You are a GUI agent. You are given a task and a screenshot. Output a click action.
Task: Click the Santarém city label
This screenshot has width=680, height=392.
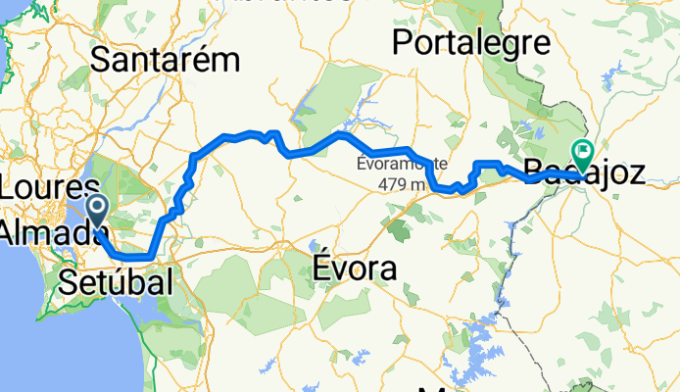point(165,60)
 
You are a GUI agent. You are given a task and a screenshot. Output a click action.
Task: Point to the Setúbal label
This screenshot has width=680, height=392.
point(116,283)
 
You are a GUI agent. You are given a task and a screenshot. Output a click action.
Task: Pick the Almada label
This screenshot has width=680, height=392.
point(49,233)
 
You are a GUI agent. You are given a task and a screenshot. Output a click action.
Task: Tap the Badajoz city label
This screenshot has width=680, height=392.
point(585,175)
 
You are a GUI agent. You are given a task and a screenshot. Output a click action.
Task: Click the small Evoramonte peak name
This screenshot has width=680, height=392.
point(402,163)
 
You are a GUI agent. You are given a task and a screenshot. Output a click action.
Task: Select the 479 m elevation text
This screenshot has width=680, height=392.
point(402,182)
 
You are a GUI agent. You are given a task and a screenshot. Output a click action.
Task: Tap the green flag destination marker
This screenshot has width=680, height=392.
point(584,153)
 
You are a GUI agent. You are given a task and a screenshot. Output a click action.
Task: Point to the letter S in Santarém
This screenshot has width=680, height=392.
point(100,61)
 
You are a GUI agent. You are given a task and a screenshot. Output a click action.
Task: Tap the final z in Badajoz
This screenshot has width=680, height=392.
point(637,175)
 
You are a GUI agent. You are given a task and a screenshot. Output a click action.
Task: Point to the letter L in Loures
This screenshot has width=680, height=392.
point(8,192)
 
